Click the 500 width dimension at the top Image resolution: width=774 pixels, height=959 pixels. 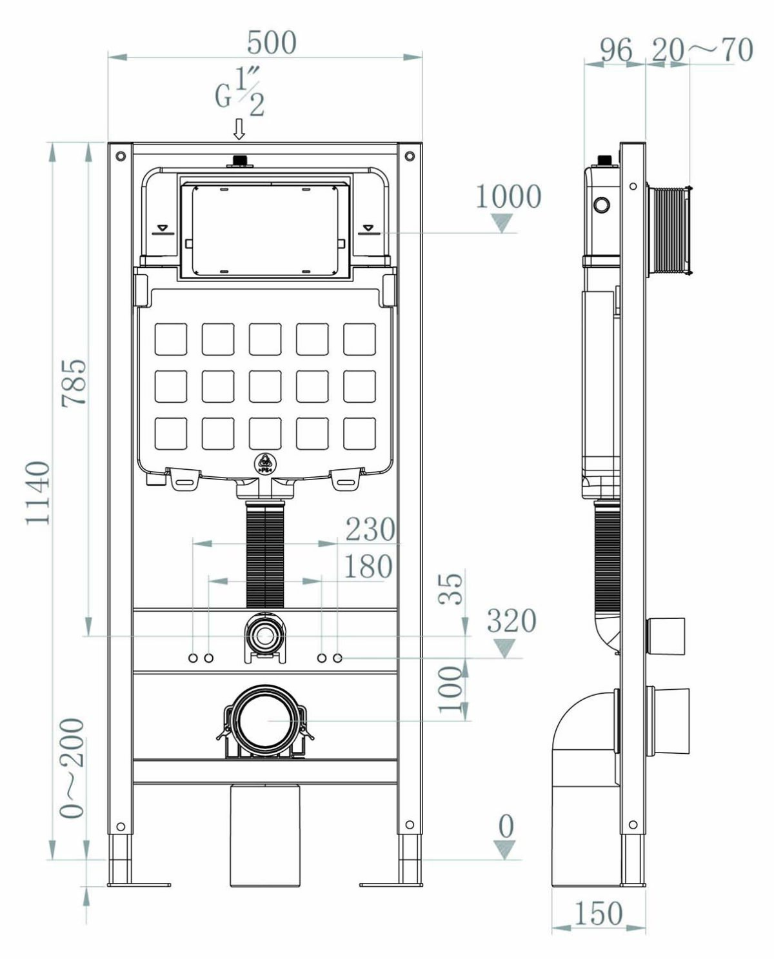[272, 43]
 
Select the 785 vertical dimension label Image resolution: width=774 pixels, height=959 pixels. [74, 383]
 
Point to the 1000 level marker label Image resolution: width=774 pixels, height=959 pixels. [508, 196]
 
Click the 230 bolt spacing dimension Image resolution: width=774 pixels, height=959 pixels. [370, 529]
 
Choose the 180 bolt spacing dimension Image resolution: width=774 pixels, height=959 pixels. [368, 567]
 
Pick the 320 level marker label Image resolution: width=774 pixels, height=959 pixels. [511, 621]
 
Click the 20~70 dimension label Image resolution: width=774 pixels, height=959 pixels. [702, 50]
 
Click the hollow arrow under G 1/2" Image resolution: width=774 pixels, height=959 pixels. [239, 129]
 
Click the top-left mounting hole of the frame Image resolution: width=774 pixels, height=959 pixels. [120, 156]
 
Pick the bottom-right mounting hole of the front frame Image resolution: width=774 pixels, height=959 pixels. [410, 824]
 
